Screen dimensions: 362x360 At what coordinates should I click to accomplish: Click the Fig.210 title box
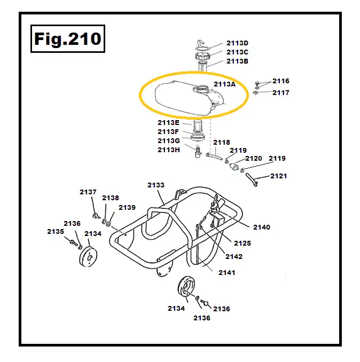point(67,38)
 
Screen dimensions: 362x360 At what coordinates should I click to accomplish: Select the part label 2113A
point(224,84)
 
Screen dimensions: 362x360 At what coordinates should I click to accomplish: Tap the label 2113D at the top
point(237,43)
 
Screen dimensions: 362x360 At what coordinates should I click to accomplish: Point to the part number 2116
point(281,81)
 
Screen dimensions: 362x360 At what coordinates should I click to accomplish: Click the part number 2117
point(281,92)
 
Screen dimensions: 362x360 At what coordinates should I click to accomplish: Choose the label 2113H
point(168,149)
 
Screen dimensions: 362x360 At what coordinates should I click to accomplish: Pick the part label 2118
point(222,142)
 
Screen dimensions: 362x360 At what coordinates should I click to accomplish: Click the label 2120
point(254,159)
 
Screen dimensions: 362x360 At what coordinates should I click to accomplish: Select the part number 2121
point(278,176)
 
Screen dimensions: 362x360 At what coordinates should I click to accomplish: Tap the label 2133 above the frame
point(156,185)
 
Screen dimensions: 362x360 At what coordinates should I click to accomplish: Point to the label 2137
point(88,192)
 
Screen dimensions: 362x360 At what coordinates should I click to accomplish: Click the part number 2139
point(127,207)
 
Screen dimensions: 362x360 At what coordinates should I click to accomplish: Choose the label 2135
point(56,231)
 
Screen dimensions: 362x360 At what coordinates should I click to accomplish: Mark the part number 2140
point(262,227)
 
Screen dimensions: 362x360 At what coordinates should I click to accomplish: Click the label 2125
point(242,243)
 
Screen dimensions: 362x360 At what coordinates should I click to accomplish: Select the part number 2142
point(234,256)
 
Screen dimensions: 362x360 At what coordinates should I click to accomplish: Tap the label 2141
point(226,272)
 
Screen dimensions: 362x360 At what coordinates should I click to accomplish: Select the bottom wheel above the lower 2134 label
point(186,288)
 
